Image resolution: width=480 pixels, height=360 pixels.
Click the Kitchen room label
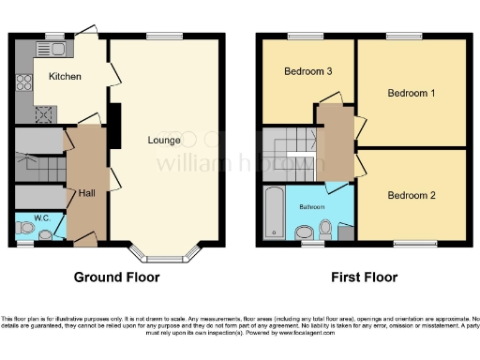point(66,76)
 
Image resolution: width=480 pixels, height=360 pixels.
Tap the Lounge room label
point(164,141)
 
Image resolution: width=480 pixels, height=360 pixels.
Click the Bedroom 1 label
point(413,93)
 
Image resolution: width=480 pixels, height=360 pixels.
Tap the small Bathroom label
point(312,205)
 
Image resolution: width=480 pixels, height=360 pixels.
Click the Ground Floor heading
point(117,277)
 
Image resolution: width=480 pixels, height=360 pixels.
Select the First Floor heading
point(365,277)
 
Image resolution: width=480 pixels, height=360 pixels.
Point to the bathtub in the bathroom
point(273,213)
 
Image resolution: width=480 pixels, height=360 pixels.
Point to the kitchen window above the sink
point(55,36)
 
